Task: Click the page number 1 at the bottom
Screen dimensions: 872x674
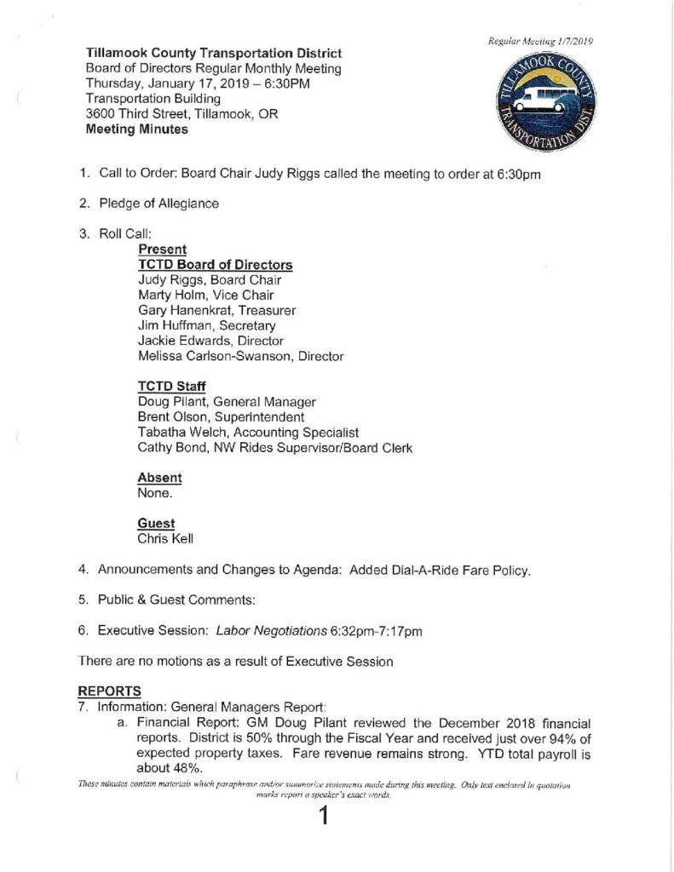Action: [323, 819]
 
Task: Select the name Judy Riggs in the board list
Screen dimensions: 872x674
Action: [170, 279]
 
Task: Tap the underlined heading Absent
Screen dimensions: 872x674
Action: [159, 478]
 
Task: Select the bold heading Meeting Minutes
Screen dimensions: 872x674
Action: [137, 130]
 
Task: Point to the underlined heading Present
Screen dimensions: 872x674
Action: [162, 250]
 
